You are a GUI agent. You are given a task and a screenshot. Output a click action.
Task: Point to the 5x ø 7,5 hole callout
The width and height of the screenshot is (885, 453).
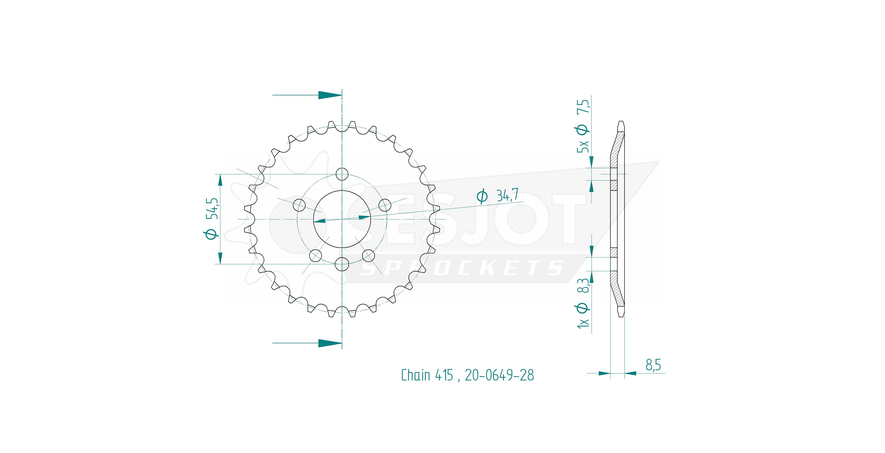(x=583, y=126)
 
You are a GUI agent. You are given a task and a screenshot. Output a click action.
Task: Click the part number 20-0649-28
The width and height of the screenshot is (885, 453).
(x=499, y=375)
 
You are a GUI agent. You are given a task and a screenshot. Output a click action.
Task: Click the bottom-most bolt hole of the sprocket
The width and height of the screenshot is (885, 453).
(x=342, y=264)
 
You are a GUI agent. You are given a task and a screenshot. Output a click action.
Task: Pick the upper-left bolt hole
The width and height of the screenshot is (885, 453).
(x=299, y=205)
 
